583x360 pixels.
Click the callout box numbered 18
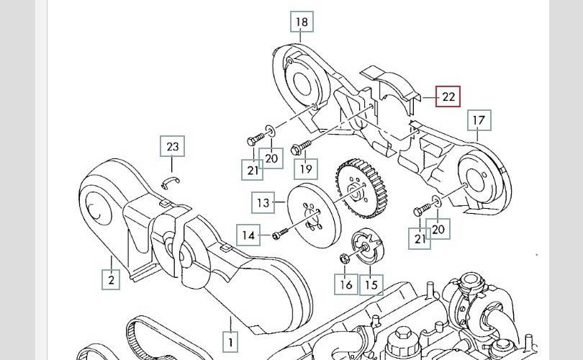[302, 22]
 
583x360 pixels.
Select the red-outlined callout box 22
[448, 96]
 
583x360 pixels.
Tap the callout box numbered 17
[479, 120]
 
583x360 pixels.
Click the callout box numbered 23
[172, 146]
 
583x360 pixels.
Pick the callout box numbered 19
[306, 169]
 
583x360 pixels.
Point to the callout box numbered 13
[263, 202]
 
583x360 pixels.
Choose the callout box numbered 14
[248, 235]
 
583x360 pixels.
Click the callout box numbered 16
[345, 284]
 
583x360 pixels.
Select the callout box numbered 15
[371, 284]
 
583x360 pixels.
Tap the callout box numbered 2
[111, 279]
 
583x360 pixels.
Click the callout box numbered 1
[230, 342]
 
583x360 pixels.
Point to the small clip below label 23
[171, 183]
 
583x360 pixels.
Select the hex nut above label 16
[345, 258]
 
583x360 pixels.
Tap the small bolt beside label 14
[281, 234]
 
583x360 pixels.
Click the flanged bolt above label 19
[301, 148]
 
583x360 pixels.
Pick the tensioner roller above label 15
[367, 246]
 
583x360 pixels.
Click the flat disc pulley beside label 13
[315, 216]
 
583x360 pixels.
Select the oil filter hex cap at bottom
[403, 333]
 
